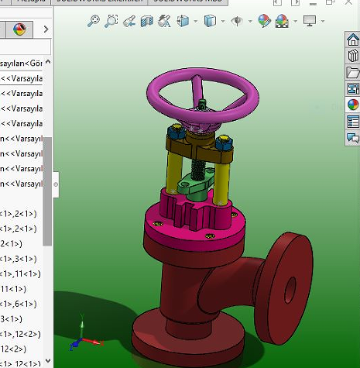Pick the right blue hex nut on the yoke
[x=225, y=143]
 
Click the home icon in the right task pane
[x=353, y=40]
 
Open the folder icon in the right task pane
[x=353, y=72]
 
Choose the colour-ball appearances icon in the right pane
[x=353, y=105]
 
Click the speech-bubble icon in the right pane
[x=353, y=138]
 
